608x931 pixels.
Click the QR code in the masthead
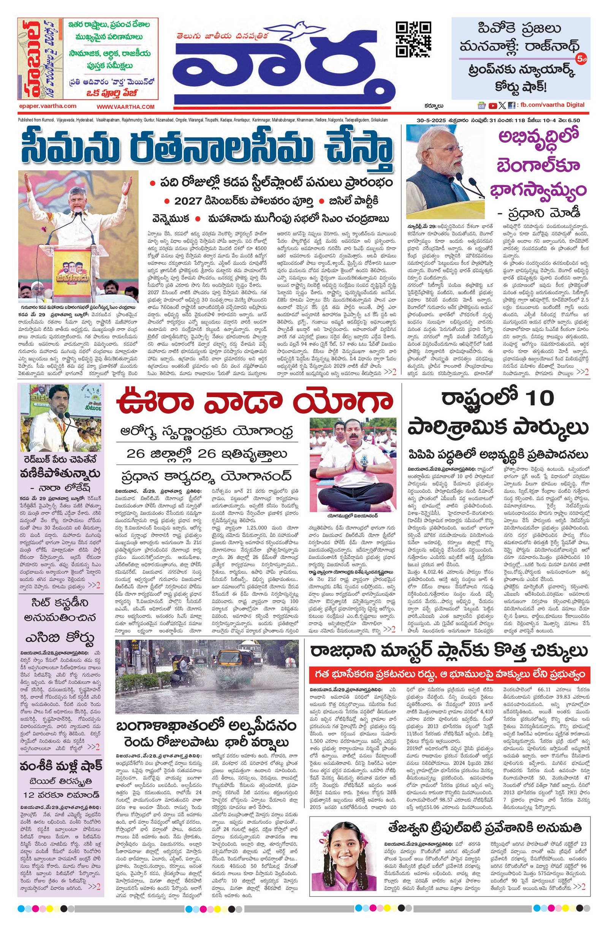(x=413, y=40)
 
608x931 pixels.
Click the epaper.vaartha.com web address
(x=47, y=106)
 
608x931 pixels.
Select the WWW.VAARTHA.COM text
(x=126, y=107)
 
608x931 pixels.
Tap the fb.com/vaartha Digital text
(x=551, y=105)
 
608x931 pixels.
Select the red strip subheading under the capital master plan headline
(x=449, y=676)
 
